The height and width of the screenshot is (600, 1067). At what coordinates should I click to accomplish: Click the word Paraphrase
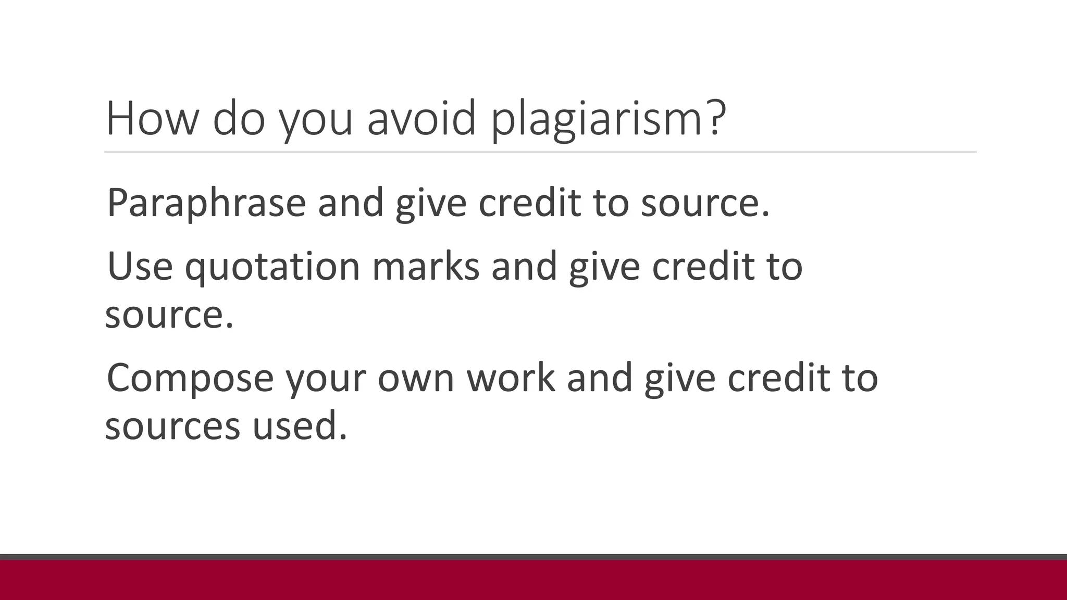point(206,203)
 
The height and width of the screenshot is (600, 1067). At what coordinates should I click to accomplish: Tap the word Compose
point(190,378)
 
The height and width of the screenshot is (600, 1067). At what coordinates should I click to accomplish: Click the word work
point(511,378)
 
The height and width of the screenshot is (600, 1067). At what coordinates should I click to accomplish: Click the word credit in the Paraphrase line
point(529,203)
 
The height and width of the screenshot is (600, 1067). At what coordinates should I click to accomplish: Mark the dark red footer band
point(533,580)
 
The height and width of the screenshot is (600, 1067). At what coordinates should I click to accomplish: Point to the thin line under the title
point(540,153)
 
